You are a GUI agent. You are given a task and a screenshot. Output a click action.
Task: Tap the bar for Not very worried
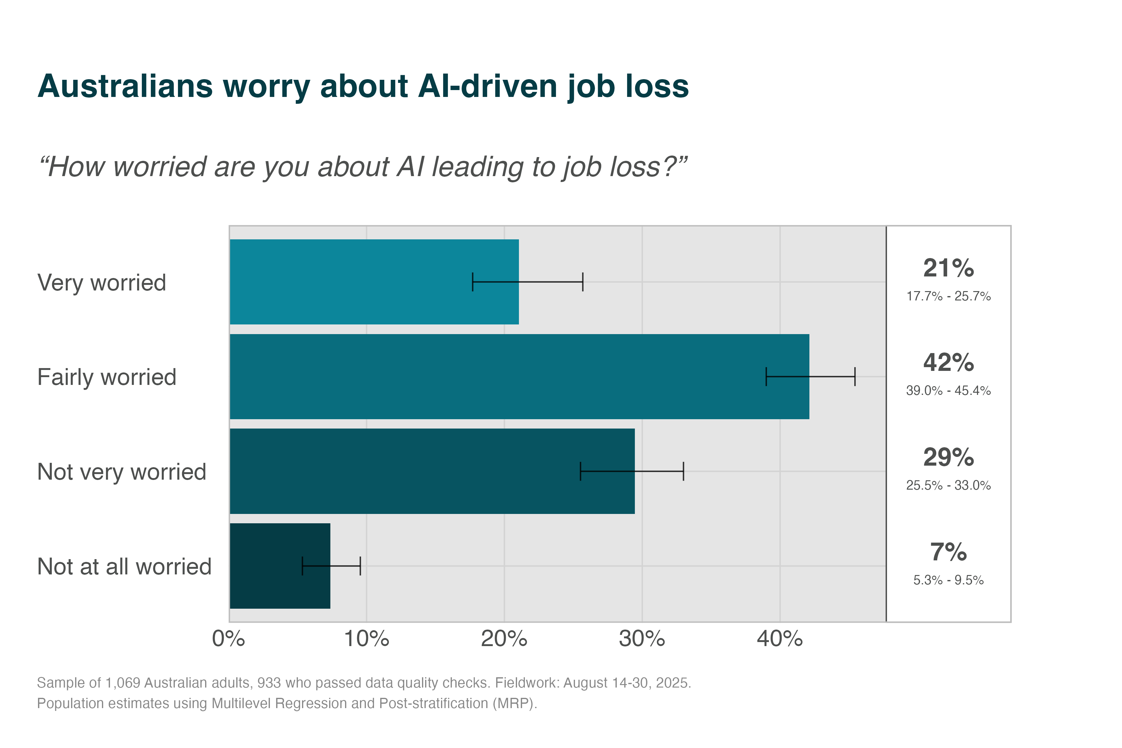(x=405, y=471)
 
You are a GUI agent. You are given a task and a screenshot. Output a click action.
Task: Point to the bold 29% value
(x=948, y=458)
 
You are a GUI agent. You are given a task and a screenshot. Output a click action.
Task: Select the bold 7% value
(x=948, y=552)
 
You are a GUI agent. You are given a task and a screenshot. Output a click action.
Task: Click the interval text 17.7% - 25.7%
(x=948, y=296)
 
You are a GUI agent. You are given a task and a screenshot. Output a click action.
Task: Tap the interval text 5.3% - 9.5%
(x=948, y=580)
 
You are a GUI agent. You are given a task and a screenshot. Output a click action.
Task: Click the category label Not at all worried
(x=124, y=567)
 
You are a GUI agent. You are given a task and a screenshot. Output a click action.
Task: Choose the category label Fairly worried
(x=107, y=377)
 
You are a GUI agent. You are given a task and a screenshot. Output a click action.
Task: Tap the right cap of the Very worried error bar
(x=583, y=282)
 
